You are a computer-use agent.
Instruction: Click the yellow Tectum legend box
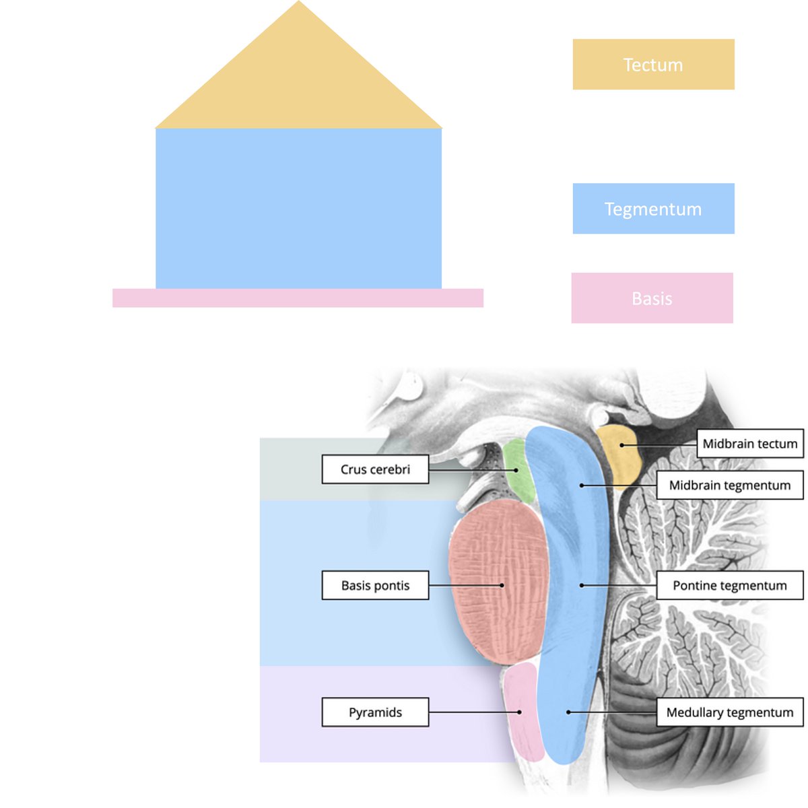click(x=653, y=64)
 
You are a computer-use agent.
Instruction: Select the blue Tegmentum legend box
click(x=653, y=209)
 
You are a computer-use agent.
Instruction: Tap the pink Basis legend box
click(x=652, y=298)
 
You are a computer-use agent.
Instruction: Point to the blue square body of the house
click(x=298, y=209)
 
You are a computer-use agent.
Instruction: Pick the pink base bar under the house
click(x=298, y=298)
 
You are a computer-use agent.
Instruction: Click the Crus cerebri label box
click(x=375, y=469)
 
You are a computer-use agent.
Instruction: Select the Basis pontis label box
click(x=375, y=585)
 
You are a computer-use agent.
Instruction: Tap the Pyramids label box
click(x=375, y=712)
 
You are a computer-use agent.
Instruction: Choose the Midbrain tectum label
click(x=749, y=444)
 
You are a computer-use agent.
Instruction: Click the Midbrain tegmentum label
click(x=730, y=485)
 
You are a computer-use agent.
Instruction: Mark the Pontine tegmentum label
click(x=730, y=585)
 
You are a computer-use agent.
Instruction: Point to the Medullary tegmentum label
click(x=730, y=712)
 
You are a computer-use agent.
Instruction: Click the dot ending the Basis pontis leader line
click(x=502, y=585)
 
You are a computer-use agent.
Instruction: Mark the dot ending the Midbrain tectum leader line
click(x=622, y=445)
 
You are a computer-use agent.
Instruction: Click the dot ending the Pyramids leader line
click(x=520, y=712)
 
